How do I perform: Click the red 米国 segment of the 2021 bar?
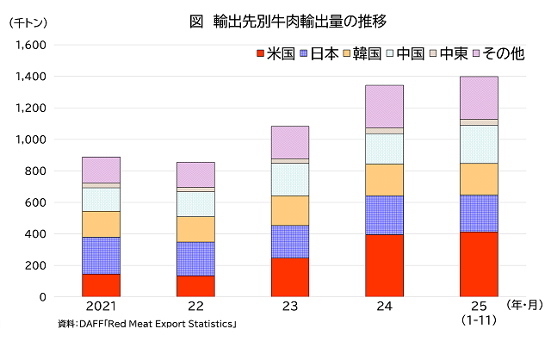pyautogui.click(x=101, y=285)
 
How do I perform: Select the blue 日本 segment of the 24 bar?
pyautogui.click(x=384, y=215)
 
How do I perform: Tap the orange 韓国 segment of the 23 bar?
pyautogui.click(x=290, y=210)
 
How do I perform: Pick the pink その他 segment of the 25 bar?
pyautogui.click(x=479, y=97)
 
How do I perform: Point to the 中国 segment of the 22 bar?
pyautogui.click(x=195, y=203)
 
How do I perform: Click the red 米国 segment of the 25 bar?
pyautogui.click(x=479, y=264)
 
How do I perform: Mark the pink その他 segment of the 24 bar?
pyautogui.click(x=384, y=106)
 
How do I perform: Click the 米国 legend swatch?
pyautogui.click(x=260, y=54)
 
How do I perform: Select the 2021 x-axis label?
pyautogui.click(x=101, y=307)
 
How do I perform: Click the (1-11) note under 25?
pyautogui.click(x=479, y=321)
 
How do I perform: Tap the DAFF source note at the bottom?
pyautogui.click(x=146, y=324)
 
